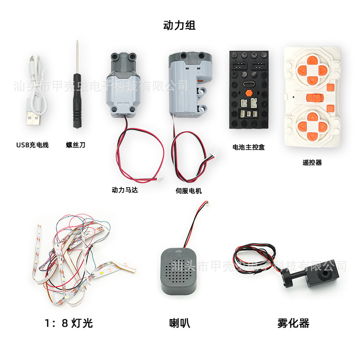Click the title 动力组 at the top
179,25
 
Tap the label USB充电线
32,145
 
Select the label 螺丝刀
76,145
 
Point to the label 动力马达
125,190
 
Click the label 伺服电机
189,191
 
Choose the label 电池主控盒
249,147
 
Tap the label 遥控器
312,162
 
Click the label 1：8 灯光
69,323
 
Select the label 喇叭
180,323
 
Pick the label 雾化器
293,323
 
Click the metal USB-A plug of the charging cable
33,119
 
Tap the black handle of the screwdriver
77,100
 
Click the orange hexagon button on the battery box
249,94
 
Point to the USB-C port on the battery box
249,84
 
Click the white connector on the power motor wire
160,178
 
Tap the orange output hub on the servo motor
200,81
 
